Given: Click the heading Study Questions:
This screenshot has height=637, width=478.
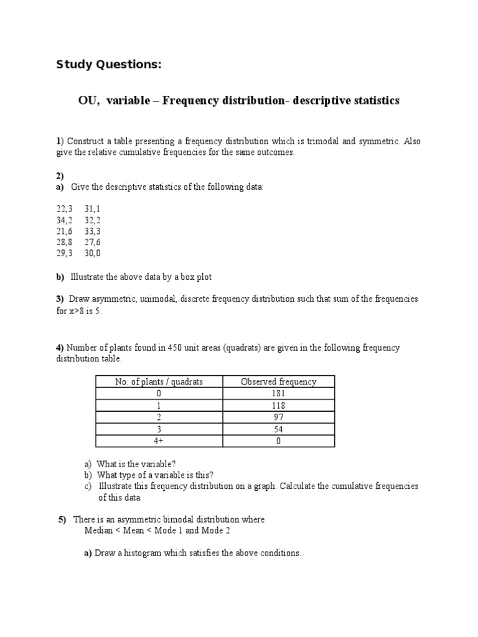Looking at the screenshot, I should [x=109, y=65].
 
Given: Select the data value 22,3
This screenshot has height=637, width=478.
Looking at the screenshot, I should [x=64, y=208].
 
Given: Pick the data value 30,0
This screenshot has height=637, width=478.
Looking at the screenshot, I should [x=92, y=253].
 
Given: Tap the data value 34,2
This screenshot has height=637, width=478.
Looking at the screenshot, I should [x=64, y=220].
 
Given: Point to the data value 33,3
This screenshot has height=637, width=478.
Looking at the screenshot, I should [x=92, y=231].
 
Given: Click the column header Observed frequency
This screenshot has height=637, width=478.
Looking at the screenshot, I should [x=278, y=381].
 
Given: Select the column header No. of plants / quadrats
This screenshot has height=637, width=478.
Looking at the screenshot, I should [x=159, y=381].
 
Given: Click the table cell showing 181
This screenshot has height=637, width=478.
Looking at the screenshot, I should [x=278, y=393].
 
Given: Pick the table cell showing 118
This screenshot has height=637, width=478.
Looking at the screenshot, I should [x=278, y=405].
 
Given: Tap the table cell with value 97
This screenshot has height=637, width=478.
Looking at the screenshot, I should [x=278, y=417].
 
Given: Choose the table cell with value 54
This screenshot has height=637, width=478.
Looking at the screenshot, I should [x=278, y=429].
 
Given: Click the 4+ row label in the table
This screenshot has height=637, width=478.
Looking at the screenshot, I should [x=159, y=441].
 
